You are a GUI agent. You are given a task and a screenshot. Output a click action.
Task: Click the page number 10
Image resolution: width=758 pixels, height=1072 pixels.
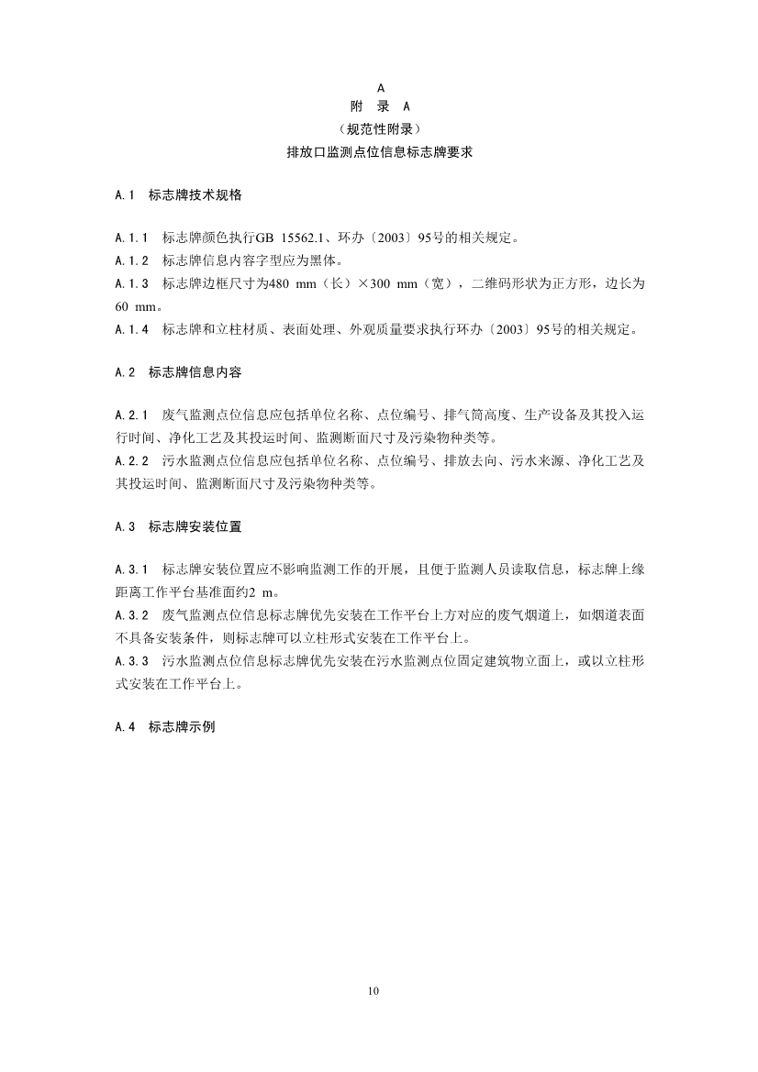pos(373,990)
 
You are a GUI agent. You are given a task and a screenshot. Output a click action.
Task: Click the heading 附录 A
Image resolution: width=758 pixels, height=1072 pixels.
pos(379,107)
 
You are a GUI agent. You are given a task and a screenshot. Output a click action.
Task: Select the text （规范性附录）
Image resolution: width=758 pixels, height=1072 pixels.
pos(379,129)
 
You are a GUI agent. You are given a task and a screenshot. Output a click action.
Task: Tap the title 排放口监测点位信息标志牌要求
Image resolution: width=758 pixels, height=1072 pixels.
pos(379,152)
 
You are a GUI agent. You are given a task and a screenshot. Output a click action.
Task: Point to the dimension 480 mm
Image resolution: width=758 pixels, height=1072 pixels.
pos(285,284)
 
